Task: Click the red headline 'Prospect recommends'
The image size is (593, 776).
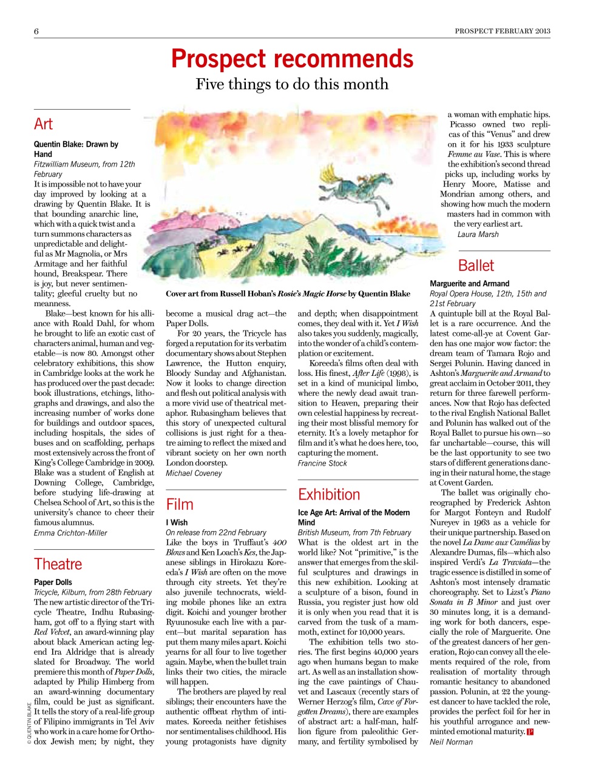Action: [292, 59]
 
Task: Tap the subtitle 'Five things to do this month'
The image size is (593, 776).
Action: [292, 84]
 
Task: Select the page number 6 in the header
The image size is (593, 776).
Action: [36, 32]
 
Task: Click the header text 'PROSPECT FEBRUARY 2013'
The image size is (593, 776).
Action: [503, 31]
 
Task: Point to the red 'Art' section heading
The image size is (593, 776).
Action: [44, 124]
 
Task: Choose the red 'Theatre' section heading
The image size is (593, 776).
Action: [58, 564]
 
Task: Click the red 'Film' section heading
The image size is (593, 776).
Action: [180, 504]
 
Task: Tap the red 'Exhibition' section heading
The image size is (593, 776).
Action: [329, 495]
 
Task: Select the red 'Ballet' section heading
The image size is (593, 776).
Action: [476, 266]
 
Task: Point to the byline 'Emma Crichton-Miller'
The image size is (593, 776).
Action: [70, 533]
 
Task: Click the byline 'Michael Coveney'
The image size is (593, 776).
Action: [194, 473]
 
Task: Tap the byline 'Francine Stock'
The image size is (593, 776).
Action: [322, 463]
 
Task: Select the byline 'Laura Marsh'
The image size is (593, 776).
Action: [478, 234]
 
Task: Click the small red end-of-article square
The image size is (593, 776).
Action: [530, 732]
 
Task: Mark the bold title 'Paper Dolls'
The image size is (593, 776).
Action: [53, 582]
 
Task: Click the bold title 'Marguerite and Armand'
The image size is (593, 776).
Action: [470, 283]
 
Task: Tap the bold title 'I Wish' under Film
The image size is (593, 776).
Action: [177, 522]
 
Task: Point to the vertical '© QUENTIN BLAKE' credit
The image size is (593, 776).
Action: [29, 723]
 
